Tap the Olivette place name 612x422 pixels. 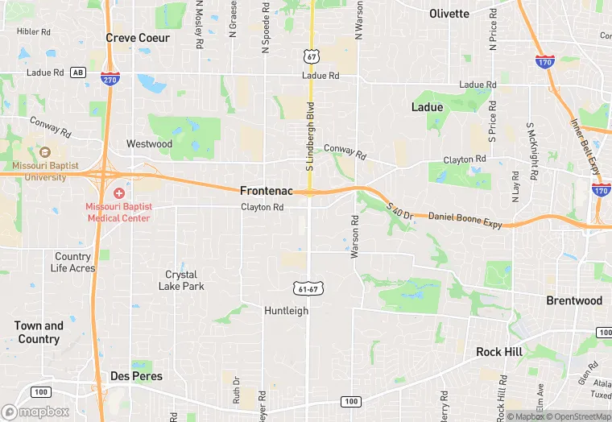[449, 14]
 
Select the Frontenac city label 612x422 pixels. [265, 191]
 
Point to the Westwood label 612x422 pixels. [149, 144]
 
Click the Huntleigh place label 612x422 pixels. [286, 310]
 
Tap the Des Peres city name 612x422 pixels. [136, 376]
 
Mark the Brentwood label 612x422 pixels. [574, 300]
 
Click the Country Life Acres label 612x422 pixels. [73, 263]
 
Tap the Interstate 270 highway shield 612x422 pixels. [111, 78]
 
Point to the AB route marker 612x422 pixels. [78, 72]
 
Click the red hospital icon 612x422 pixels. [119, 193]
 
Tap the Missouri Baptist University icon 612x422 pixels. [44, 152]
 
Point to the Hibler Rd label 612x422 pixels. [34, 32]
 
